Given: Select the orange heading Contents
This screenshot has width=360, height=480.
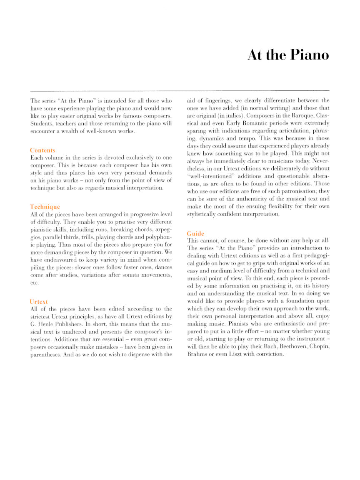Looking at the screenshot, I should pos(42,150).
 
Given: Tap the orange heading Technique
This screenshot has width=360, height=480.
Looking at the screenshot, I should pos(45,207).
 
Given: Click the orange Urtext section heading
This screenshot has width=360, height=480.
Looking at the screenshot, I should pos(39,301).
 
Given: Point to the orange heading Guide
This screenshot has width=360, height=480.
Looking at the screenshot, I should pos(195,234).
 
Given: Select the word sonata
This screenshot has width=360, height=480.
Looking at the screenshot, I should pos(128,275).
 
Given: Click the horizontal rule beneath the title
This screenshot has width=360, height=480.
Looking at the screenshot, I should pos(180,90).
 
